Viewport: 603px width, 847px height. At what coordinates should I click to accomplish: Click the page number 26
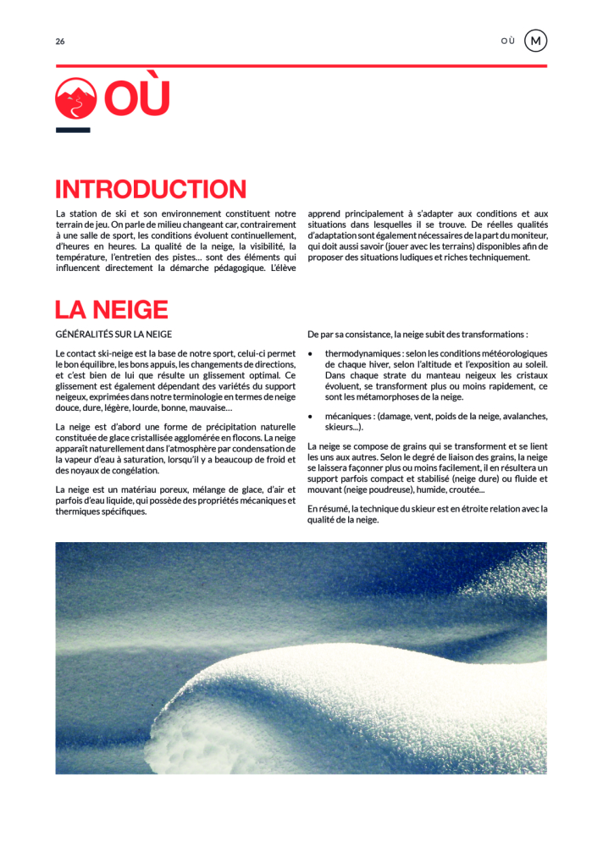pos(60,42)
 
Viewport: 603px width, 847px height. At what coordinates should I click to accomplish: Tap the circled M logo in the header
pos(535,41)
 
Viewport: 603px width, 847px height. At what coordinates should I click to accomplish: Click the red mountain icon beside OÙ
pos(75,98)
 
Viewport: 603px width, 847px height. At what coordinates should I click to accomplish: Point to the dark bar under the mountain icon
pos(73,130)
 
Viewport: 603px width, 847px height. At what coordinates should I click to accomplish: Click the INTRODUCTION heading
pos(151,190)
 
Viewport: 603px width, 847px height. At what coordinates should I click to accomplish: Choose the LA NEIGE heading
pos(112,310)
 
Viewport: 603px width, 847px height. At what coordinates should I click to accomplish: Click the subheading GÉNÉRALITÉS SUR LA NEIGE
pos(113,335)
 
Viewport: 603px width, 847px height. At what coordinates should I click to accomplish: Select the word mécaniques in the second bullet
pos(349,417)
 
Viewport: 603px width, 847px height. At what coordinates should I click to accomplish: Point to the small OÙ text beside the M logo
pos(507,42)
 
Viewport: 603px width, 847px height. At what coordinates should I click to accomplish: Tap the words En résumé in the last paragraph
pos(327,509)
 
